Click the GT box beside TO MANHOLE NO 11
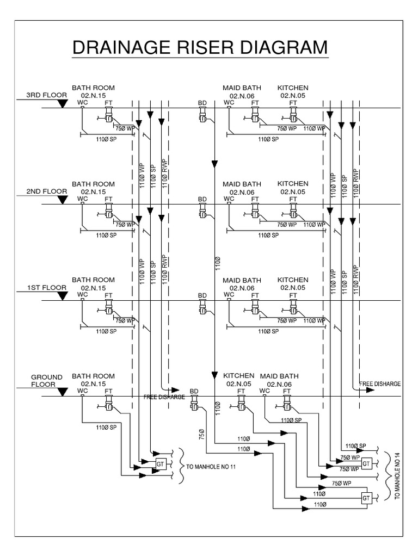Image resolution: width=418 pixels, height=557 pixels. click(160, 463)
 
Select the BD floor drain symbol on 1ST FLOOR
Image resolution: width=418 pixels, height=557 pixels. click(202, 309)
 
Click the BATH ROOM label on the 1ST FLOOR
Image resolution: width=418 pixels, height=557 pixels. click(93, 280)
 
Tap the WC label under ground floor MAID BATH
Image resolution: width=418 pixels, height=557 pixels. click(265, 391)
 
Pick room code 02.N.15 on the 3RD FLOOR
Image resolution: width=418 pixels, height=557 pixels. click(93, 95)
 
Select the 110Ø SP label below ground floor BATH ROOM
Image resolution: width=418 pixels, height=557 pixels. click(106, 427)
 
